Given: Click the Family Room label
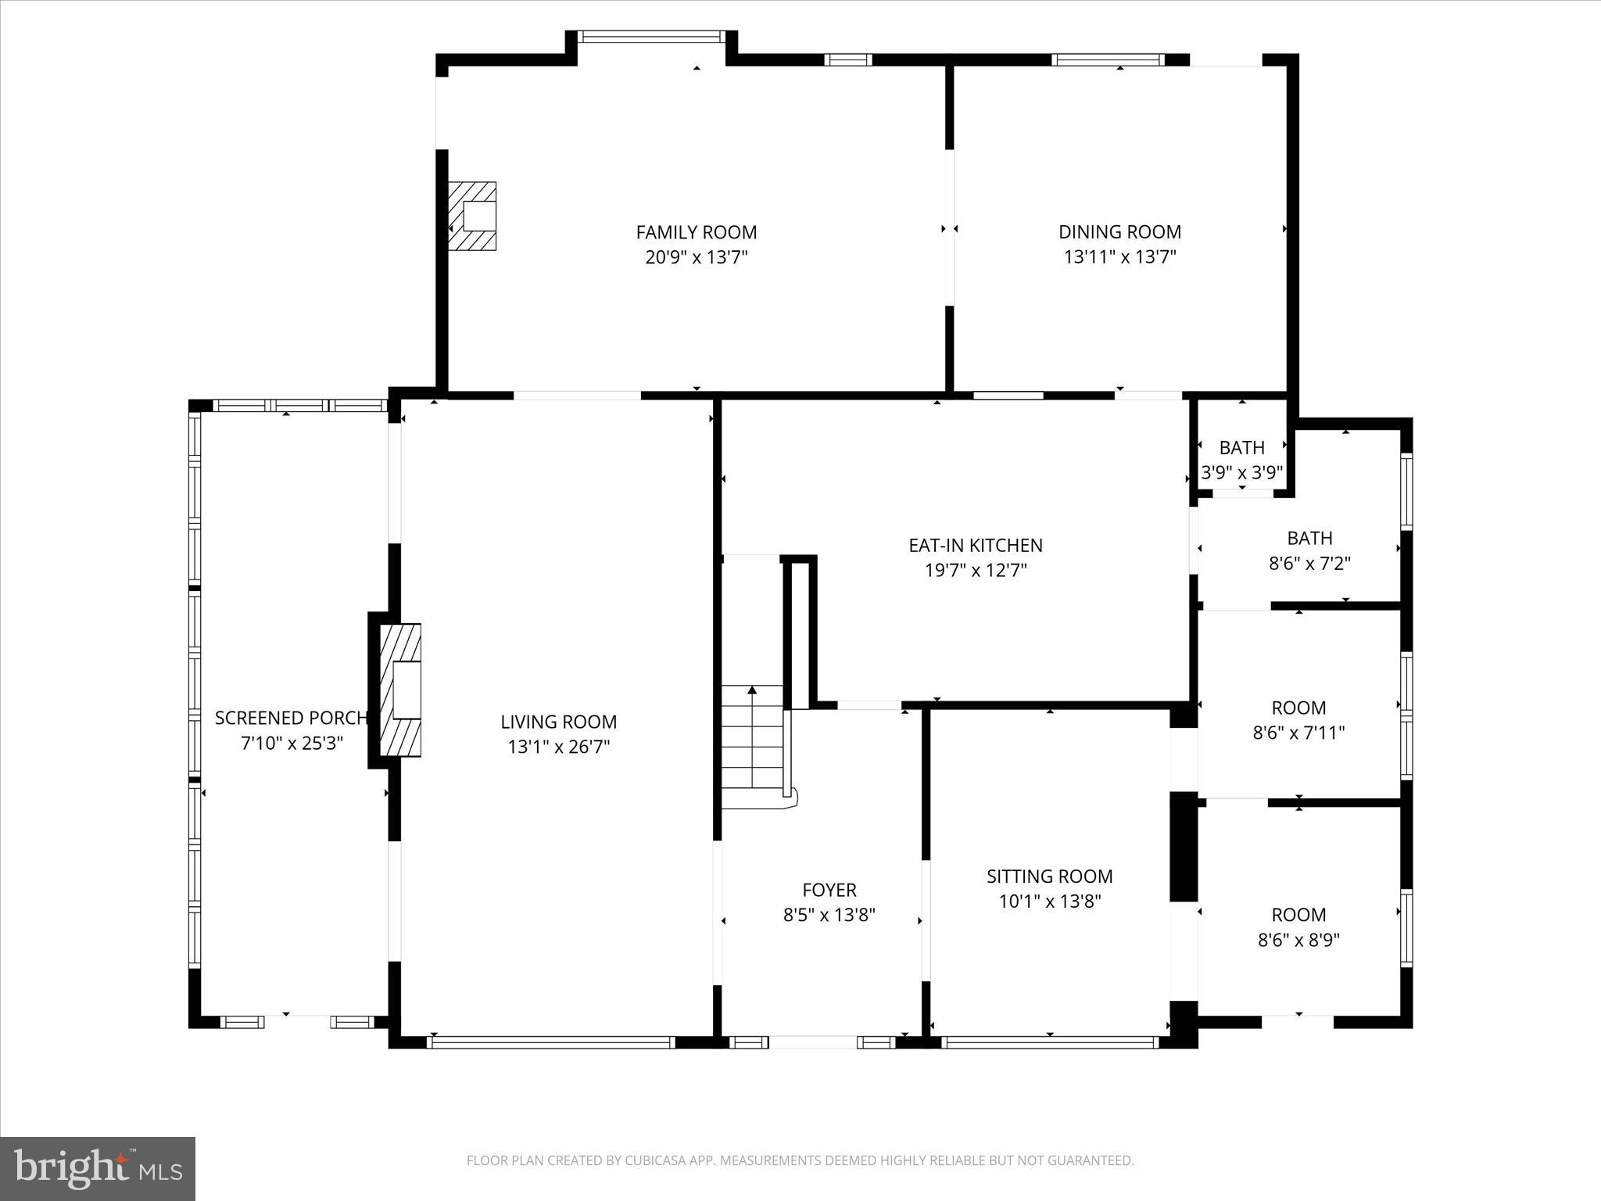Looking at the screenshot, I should pos(696,232).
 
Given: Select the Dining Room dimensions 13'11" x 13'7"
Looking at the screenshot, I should pos(1119,257).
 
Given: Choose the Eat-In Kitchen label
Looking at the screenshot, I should pos(975,545).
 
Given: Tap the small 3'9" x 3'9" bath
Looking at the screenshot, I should pos(1241,458).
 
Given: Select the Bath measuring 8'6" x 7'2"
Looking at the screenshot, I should pos(1309,550).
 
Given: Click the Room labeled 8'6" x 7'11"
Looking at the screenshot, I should pos(1298,719).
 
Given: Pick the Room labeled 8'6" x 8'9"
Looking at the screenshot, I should pos(1298,927).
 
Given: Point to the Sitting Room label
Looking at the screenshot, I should pos(1049,877).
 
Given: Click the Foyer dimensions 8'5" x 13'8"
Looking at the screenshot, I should pos(829,915).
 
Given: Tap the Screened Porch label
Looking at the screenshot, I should pos(291,718).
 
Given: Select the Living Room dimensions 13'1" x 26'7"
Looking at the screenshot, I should pos(558,747).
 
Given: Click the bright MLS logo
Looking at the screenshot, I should pos(98,1168).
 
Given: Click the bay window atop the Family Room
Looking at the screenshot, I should pos(652,36).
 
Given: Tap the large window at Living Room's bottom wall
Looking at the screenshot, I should pos(551,1042).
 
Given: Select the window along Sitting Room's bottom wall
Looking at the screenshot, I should pos(1049,1042).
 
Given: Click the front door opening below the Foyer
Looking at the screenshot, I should pos(813,1042).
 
